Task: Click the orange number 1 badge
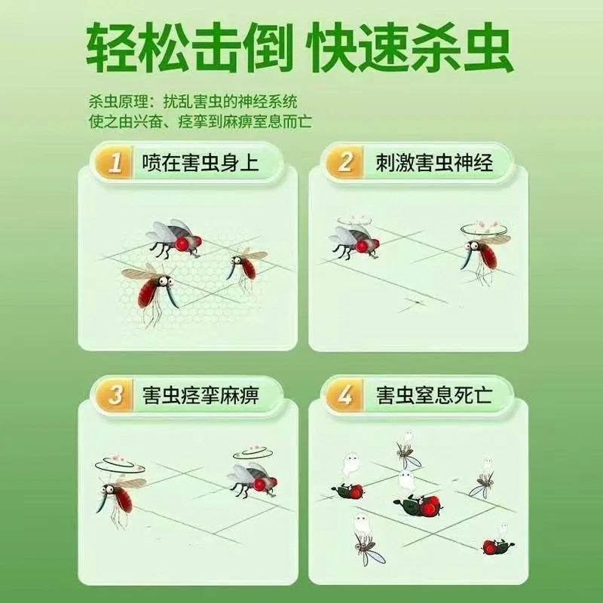click(x=115, y=162)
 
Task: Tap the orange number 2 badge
click(x=345, y=161)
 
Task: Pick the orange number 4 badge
click(x=345, y=395)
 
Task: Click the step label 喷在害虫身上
click(x=200, y=162)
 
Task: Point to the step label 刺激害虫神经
click(x=434, y=162)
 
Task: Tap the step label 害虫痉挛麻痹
click(x=200, y=395)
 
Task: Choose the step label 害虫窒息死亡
click(x=434, y=395)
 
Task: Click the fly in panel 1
click(x=174, y=238)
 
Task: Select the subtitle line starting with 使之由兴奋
click(x=200, y=122)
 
